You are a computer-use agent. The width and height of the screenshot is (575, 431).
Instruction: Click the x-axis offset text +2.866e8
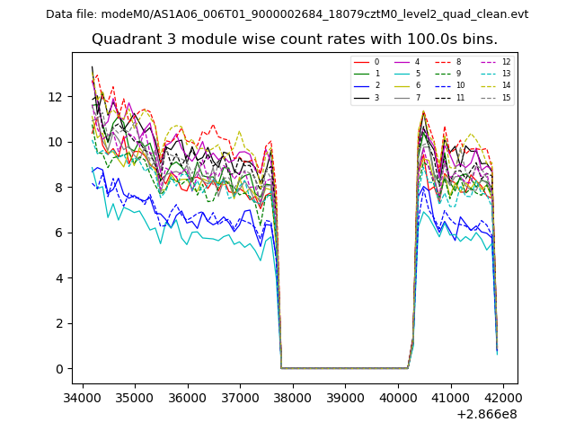click(x=487, y=414)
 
